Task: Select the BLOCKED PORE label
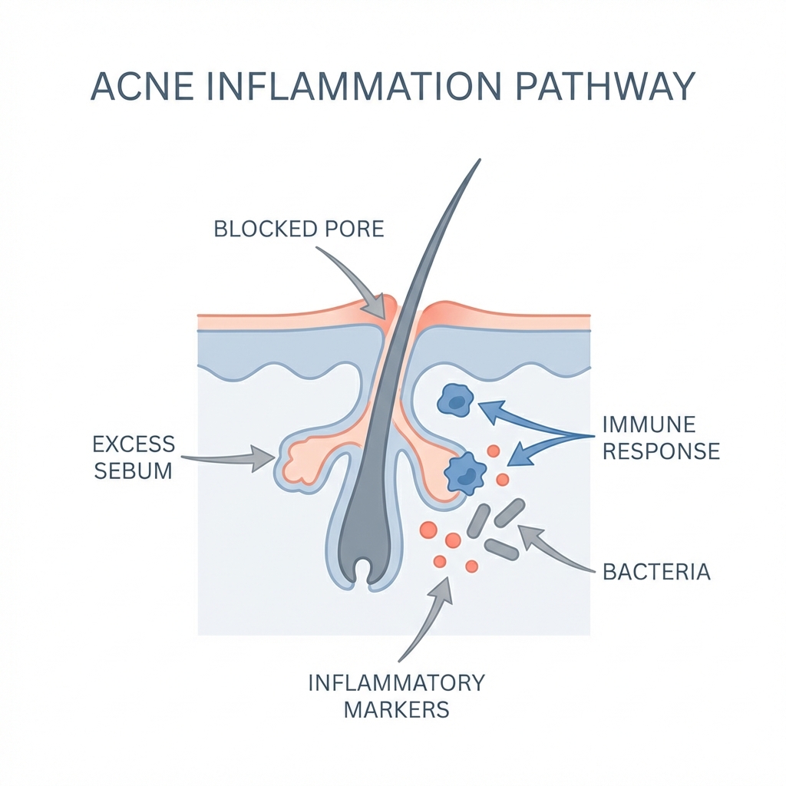pos(299,229)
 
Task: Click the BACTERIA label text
pos(656,572)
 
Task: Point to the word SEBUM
pos(133,470)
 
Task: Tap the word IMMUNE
pos(649,424)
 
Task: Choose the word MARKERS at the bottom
pos(395,709)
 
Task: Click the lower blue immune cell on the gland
pos(464,474)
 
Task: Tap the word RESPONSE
pos(661,451)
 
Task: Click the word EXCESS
pos(133,444)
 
